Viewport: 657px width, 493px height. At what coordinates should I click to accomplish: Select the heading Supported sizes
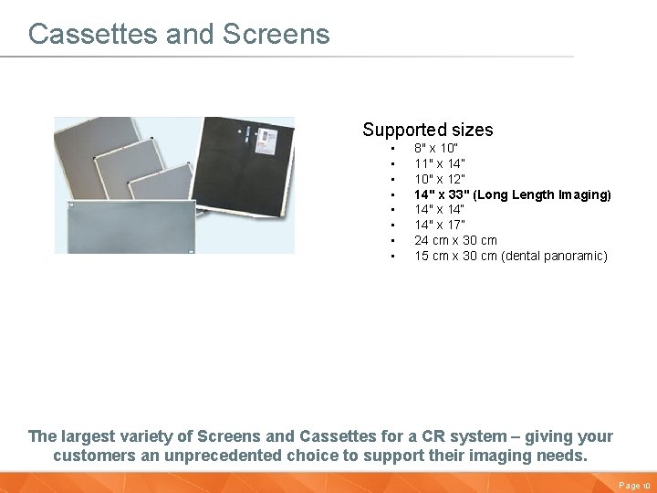pos(427,130)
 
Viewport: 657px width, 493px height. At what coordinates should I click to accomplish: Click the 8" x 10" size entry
pos(436,148)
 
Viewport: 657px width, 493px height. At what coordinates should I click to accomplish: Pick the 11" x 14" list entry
pos(439,163)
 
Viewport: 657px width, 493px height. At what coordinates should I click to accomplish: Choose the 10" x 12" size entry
pos(439,179)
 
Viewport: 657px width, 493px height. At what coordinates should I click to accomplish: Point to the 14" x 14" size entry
pos(439,210)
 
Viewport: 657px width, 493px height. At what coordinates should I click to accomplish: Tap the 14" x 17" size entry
pos(439,226)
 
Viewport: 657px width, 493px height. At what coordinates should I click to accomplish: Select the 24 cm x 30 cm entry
pos(455,241)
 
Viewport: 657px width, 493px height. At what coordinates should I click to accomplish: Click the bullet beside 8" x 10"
pos(391,148)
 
